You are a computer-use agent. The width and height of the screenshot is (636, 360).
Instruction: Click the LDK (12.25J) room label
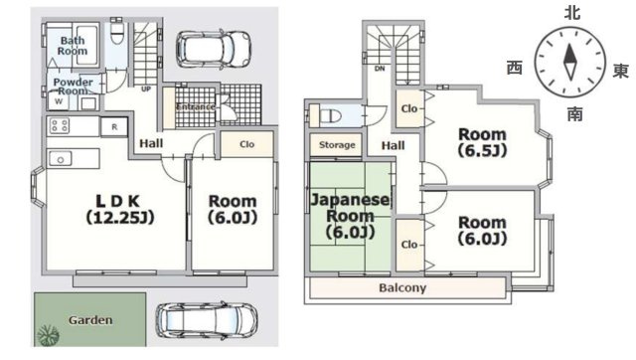[120, 210]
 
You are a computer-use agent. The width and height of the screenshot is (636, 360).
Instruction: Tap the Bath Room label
[73, 46]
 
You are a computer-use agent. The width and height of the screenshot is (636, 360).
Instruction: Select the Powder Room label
[73, 87]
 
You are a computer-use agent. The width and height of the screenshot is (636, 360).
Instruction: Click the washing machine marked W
[59, 101]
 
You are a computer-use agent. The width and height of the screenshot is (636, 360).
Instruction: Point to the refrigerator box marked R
[114, 127]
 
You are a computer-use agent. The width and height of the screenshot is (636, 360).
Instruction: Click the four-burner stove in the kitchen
[60, 126]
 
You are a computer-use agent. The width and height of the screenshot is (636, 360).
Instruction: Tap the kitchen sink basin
[61, 159]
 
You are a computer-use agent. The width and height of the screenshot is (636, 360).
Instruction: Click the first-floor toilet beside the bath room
[117, 33]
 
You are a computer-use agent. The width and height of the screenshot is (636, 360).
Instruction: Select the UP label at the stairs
[146, 89]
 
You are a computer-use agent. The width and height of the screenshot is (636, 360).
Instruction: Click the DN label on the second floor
[380, 69]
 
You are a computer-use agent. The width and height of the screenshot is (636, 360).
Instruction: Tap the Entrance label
[196, 106]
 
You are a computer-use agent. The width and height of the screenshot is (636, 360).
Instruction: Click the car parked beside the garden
[207, 320]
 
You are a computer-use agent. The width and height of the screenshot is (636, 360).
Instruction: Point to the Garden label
[90, 320]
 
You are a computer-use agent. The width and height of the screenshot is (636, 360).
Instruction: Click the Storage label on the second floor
[337, 145]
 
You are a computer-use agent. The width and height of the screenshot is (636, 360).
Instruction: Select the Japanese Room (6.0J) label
[350, 216]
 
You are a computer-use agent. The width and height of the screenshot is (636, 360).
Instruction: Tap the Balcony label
[402, 287]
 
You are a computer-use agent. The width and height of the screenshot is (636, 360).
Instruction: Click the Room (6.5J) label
[482, 142]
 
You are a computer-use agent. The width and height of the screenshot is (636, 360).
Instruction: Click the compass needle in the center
[569, 62]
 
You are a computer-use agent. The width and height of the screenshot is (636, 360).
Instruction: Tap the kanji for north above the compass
[572, 13]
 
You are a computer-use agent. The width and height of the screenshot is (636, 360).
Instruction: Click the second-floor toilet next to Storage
[331, 116]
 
